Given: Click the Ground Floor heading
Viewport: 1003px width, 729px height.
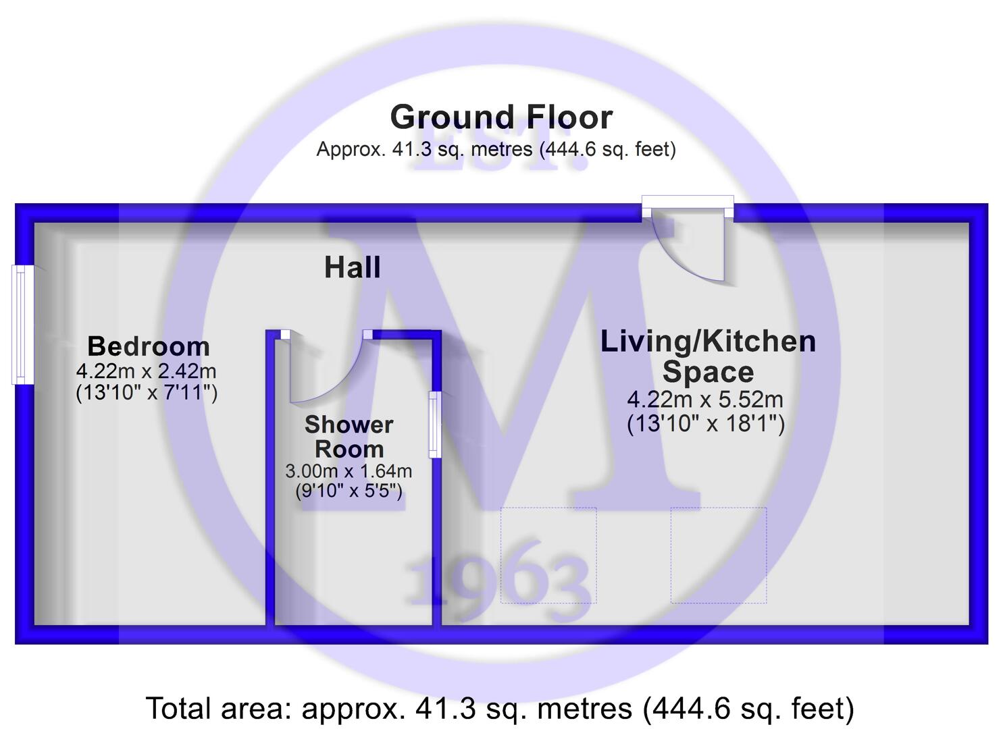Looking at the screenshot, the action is (501, 117).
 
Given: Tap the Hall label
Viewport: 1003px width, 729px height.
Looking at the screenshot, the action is (353, 267).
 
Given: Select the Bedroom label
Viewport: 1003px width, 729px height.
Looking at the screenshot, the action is (149, 346).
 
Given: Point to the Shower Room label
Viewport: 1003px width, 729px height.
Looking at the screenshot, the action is (349, 437).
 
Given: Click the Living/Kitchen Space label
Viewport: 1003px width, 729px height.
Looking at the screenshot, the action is (708, 356).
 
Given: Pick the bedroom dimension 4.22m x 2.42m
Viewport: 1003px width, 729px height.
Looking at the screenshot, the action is (147, 371).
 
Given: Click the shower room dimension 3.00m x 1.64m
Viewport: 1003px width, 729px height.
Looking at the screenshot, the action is (349, 471).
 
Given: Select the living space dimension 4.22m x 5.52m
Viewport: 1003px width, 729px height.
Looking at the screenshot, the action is (705, 400).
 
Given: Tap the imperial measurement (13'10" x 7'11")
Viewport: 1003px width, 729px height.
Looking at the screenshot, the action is (147, 393).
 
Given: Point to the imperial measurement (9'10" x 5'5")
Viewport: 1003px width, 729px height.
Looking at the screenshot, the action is (349, 491).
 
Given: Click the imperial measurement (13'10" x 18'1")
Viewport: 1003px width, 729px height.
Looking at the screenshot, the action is (706, 424).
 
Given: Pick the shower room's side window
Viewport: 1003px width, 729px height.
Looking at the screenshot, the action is (435, 425).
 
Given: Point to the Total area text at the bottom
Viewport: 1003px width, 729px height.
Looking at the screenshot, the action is (500, 709).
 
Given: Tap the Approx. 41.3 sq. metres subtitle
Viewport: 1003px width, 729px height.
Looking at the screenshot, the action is (496, 149).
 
